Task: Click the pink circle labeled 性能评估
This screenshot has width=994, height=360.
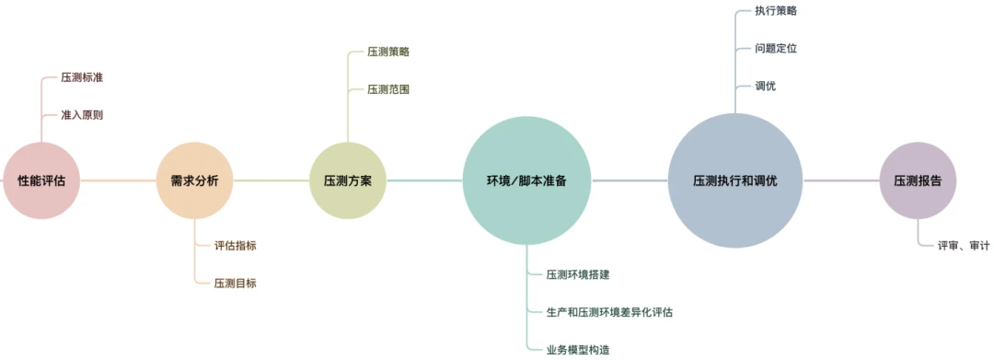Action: coord(42,181)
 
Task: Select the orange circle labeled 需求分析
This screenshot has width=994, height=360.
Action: coord(194,181)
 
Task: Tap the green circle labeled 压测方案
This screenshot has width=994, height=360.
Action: coord(347,181)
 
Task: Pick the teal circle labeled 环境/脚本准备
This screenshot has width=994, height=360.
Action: coord(526,181)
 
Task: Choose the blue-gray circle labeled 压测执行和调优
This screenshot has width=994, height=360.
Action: coord(734,181)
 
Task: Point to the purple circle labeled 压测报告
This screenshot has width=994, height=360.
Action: coord(918,181)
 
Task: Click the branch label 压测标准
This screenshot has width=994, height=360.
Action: coord(82,77)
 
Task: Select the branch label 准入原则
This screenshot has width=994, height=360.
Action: coord(82,115)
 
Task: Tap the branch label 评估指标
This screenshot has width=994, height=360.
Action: coord(235,246)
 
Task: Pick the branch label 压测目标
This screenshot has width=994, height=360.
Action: coord(235,284)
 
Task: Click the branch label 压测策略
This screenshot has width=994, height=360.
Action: coord(388,52)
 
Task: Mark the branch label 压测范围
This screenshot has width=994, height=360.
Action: coord(388,89)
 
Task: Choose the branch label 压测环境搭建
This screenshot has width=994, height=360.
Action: coord(578,274)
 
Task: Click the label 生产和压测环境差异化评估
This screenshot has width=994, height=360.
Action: coord(609,312)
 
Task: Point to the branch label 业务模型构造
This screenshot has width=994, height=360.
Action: coord(578,350)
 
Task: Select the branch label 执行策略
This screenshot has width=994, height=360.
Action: coord(776,10)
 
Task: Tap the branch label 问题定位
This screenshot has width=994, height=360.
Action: coord(776,48)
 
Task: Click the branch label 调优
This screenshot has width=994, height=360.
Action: coord(766,86)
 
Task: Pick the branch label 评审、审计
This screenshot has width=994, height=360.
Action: coord(964,246)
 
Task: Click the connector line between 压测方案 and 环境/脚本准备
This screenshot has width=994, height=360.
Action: coord(423,180)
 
